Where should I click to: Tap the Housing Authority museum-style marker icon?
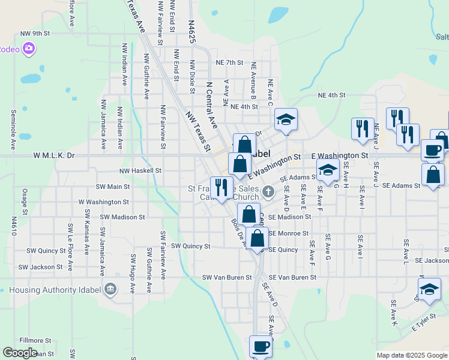tap(110, 290)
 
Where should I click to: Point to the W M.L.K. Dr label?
tap(54, 155)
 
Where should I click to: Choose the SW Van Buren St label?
tap(227, 277)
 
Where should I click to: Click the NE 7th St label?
tap(229, 62)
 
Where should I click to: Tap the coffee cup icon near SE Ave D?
tap(261, 346)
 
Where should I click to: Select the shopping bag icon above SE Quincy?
tap(258, 238)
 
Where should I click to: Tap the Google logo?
tap(20, 353)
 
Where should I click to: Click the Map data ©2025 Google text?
tap(412, 355)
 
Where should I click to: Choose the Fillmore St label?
tap(32, 340)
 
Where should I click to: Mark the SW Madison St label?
tap(123, 217)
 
